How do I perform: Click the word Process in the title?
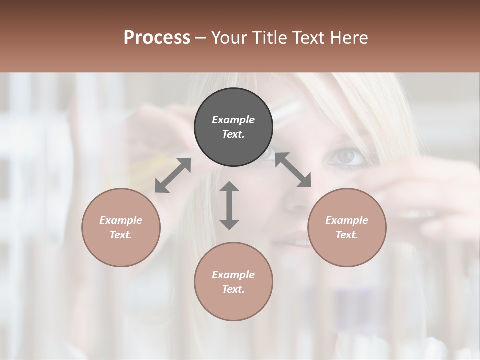(x=157, y=38)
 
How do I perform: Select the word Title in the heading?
(x=269, y=38)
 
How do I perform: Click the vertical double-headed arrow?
(x=229, y=205)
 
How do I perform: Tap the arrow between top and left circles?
(x=173, y=175)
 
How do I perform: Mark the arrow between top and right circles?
(x=293, y=170)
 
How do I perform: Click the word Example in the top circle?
(x=233, y=120)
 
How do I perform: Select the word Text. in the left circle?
(x=121, y=235)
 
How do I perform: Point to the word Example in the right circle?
(x=347, y=220)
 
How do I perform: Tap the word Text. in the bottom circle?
(x=233, y=289)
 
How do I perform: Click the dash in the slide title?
(x=200, y=38)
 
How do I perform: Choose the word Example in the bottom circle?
(x=233, y=275)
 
